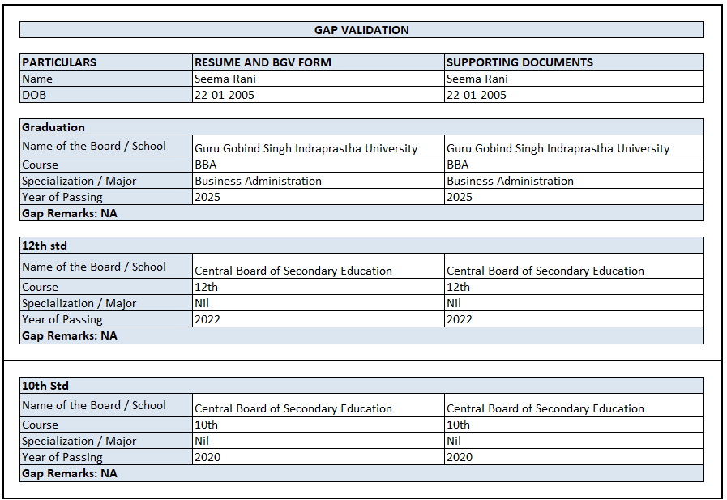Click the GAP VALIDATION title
[x=361, y=30]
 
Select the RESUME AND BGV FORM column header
[x=263, y=62]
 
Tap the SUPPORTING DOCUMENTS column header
[x=520, y=62]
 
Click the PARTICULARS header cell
[x=59, y=62]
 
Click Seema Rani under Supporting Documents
[x=477, y=79]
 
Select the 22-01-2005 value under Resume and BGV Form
[x=225, y=95]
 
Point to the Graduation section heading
[x=53, y=127]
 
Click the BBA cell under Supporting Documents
[x=457, y=165]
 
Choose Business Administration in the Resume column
[x=258, y=181]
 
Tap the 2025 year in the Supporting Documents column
[x=460, y=197]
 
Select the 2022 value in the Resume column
[x=207, y=319]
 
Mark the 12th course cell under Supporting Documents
[x=458, y=287]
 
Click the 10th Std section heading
[x=45, y=386]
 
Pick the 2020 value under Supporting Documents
[x=460, y=457]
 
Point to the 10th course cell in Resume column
[x=206, y=425]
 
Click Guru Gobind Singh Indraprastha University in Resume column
[x=306, y=148]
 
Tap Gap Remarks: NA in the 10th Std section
[x=70, y=473]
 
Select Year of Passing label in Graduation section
[x=62, y=197]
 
